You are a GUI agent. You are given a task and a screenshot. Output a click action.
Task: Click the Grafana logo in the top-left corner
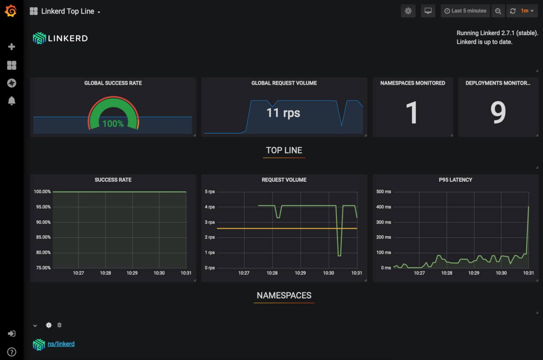(x=11, y=11)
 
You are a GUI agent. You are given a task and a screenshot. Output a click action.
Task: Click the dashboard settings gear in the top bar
(x=408, y=11)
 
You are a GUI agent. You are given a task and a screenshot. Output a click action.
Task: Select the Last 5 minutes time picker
(x=465, y=11)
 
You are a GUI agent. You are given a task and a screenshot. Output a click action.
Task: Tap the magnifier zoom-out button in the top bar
(x=498, y=11)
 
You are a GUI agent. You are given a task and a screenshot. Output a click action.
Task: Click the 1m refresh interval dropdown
(x=527, y=11)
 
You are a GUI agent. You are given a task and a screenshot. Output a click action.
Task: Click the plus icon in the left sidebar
(x=11, y=47)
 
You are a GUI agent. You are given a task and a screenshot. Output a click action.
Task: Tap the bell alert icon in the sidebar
(x=11, y=101)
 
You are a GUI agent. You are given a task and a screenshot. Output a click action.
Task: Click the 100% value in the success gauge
(x=113, y=124)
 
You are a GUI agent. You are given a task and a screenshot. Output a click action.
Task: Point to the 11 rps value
(x=283, y=113)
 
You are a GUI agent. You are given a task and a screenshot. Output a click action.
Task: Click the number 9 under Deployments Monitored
(x=498, y=113)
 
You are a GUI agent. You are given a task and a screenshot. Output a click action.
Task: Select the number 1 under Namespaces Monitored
(x=412, y=113)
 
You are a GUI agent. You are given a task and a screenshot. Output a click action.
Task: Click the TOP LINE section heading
(x=284, y=150)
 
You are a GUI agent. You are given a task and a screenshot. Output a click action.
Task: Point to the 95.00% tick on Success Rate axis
(x=43, y=207)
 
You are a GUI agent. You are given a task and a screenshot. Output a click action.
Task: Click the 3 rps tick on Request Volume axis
(x=210, y=222)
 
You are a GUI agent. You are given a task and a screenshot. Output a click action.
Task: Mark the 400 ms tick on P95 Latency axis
(x=383, y=207)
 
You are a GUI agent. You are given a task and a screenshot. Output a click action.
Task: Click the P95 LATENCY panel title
(x=455, y=180)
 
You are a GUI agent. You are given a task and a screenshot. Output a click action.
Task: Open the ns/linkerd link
(x=61, y=344)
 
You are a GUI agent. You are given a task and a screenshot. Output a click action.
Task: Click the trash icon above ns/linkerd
(x=59, y=325)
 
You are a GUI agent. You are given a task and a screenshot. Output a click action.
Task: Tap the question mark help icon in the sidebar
(x=11, y=352)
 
